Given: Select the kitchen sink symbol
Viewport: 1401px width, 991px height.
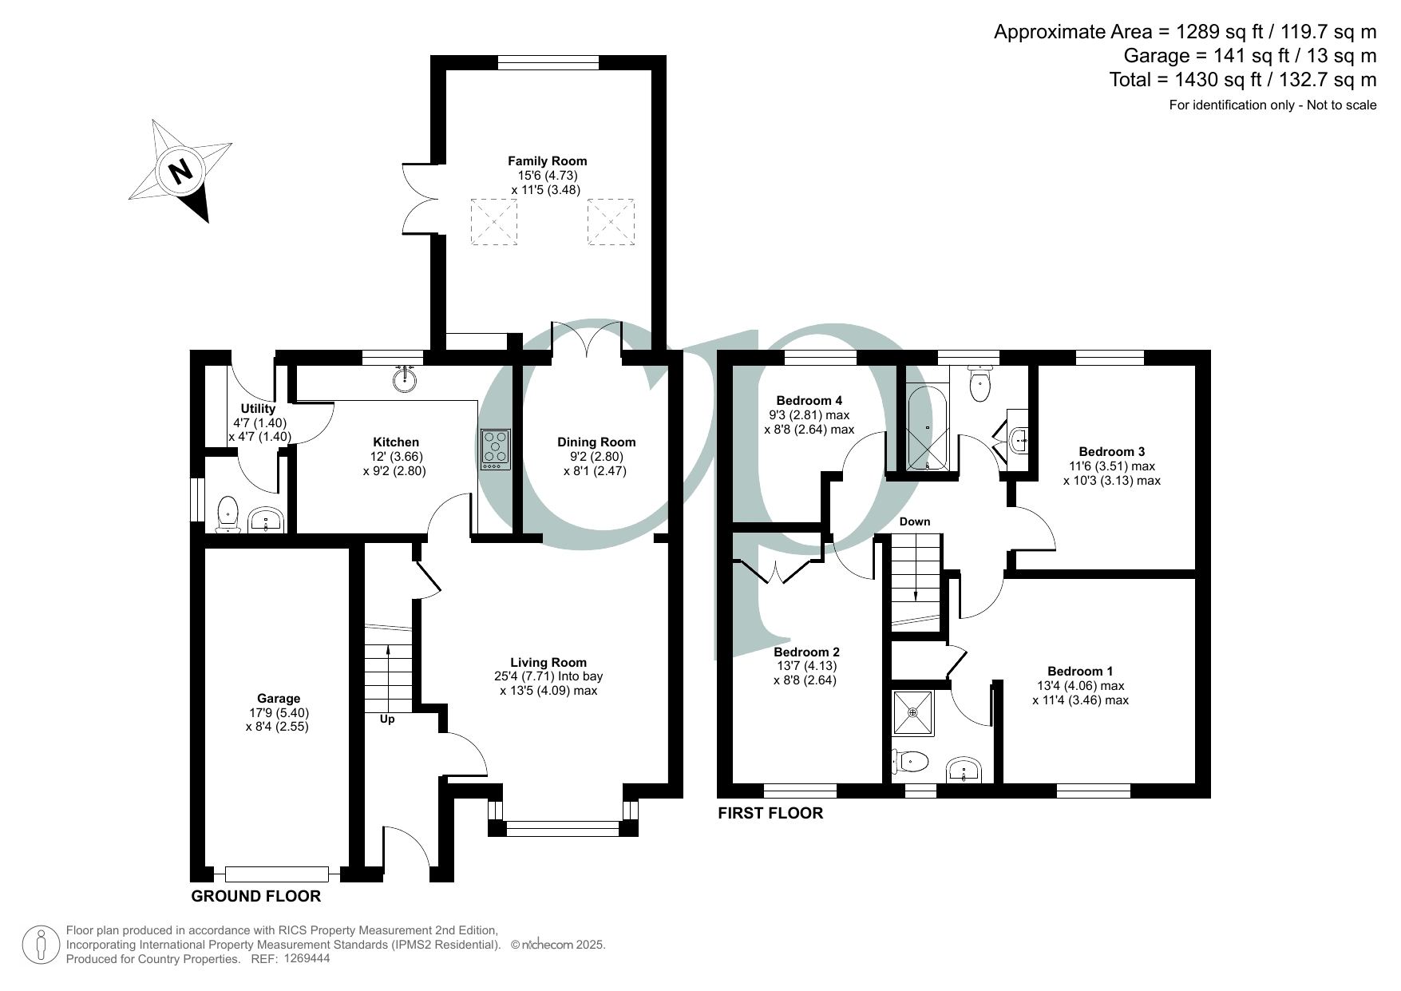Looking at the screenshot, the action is [406, 379].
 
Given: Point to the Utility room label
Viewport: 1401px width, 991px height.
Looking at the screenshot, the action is [258, 409].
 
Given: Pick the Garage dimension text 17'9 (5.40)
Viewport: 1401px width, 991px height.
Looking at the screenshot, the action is [279, 713].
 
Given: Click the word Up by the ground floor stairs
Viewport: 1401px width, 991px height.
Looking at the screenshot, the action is [387, 719].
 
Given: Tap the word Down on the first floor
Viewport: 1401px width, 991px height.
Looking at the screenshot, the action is [915, 521].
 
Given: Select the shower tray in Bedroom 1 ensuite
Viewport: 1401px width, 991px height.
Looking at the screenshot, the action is [912, 712].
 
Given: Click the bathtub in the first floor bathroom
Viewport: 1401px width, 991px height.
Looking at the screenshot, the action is [928, 428].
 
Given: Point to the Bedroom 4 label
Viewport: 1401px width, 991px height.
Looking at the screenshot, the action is [809, 401].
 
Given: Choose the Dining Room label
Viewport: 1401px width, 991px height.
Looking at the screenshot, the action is [596, 442].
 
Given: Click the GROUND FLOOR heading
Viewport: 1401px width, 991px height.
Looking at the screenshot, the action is [256, 896].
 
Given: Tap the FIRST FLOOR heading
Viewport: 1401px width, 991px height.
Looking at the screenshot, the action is [770, 813].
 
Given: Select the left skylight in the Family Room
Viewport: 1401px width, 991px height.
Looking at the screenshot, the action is [494, 221].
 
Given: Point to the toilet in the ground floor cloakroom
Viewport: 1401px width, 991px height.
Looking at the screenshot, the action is [228, 514].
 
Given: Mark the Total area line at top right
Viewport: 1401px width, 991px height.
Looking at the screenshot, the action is [1243, 79].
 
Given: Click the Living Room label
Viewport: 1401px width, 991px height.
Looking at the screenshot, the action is [548, 662].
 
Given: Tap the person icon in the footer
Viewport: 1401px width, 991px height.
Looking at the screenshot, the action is [41, 945].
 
